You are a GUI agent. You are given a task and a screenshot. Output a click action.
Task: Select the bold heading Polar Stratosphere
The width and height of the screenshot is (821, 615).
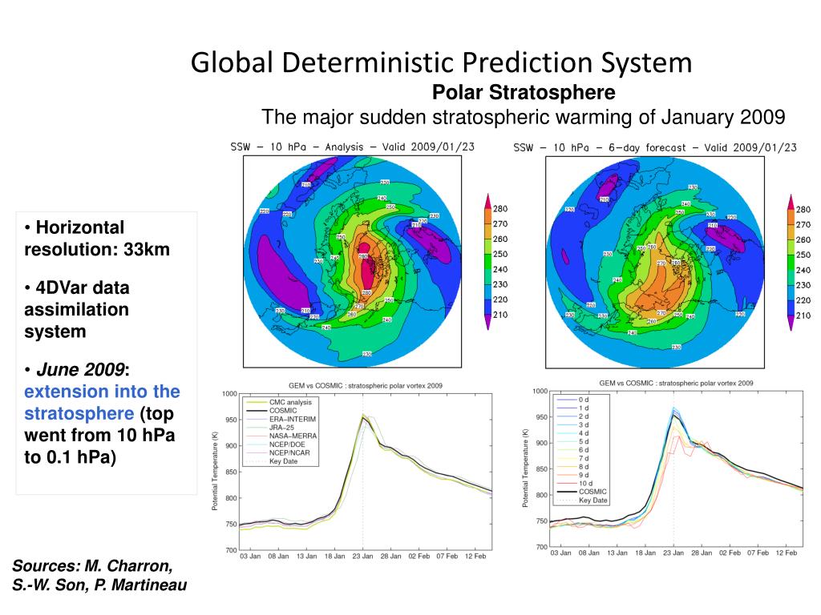[x=524, y=93]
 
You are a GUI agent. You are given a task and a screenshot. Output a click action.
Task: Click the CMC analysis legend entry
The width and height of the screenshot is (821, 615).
[x=290, y=402]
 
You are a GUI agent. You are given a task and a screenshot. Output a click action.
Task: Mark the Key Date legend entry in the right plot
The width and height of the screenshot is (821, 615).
[x=593, y=500]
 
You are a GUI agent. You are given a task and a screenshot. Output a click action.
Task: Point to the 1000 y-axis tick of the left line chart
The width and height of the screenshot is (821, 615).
[x=229, y=394]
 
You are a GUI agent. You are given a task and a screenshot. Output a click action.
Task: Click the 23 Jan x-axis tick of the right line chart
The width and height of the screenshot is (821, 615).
[x=673, y=553]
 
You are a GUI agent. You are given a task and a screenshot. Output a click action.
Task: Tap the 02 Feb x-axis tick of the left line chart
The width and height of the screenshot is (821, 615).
[x=418, y=556]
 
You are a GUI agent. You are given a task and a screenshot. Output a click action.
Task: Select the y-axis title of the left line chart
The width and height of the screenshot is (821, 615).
[x=215, y=472]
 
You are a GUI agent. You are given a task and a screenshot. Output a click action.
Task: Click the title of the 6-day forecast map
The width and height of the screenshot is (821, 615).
[x=654, y=147]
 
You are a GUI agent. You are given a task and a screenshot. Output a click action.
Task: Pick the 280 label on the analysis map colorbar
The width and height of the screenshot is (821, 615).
[x=499, y=209]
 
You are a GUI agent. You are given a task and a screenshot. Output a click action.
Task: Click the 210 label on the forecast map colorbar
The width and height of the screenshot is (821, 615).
[x=803, y=316]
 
